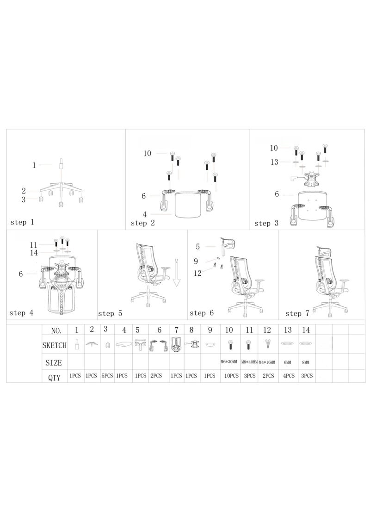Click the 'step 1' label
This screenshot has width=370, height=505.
[x=22, y=222]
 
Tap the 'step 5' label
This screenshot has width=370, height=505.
[x=110, y=313]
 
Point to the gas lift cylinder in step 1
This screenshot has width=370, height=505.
[x=61, y=165]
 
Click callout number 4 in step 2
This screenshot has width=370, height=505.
[x=145, y=214]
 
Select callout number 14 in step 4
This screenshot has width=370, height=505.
[x=33, y=253]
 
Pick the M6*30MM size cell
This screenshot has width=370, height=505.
[x=230, y=362]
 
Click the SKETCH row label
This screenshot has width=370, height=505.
[x=54, y=345]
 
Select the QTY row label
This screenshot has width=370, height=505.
[x=54, y=377]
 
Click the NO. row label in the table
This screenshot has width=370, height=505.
[x=55, y=330]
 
